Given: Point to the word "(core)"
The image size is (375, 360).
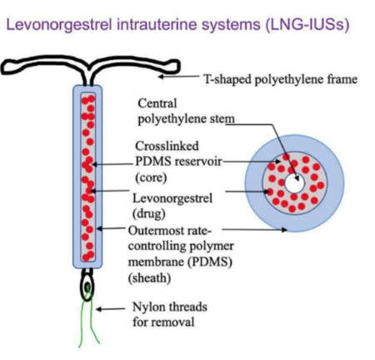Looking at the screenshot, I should click(150, 177).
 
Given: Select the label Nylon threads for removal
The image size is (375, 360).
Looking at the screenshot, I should click(167, 315).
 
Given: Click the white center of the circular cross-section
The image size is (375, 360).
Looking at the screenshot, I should click(294, 182).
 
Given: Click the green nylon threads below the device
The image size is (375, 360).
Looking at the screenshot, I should click(88, 329).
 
